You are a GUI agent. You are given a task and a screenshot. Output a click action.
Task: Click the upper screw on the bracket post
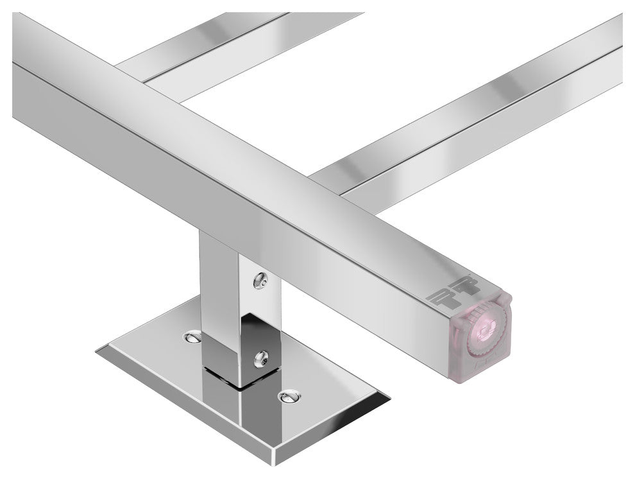[260, 280]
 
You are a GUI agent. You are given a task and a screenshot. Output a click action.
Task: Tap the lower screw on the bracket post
[260, 356]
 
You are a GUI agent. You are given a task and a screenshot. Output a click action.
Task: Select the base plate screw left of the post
[192, 336]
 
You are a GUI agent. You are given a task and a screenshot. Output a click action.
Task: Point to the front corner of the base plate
[275, 460]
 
